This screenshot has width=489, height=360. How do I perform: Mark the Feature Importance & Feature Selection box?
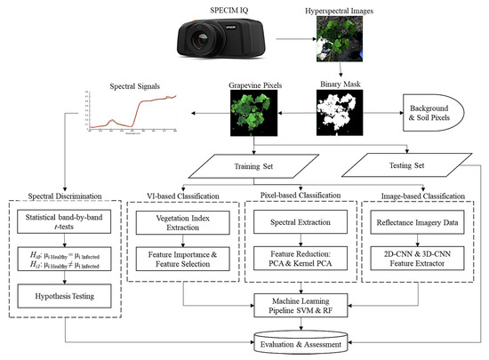(186, 261)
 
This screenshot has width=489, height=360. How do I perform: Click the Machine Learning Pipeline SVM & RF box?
(307, 306)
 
